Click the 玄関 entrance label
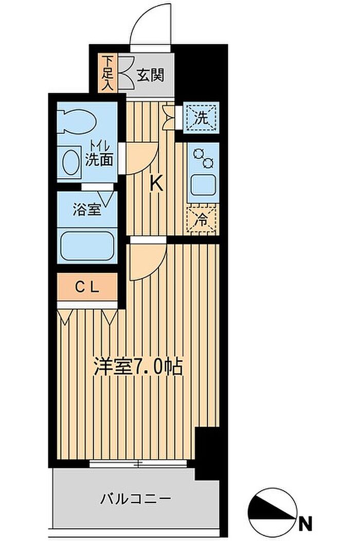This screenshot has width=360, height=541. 150,75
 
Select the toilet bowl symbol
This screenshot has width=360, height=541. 76,121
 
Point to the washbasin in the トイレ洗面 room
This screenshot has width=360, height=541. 69,162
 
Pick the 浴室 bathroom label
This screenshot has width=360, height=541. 86,210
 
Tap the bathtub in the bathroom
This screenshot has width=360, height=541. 87,246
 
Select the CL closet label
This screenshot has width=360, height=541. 87,287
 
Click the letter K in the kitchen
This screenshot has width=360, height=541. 157,183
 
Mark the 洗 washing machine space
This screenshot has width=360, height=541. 201,118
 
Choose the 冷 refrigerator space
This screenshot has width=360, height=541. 202,220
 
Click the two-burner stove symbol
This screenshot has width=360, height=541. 204,158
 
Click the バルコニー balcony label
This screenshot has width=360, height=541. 136,499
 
